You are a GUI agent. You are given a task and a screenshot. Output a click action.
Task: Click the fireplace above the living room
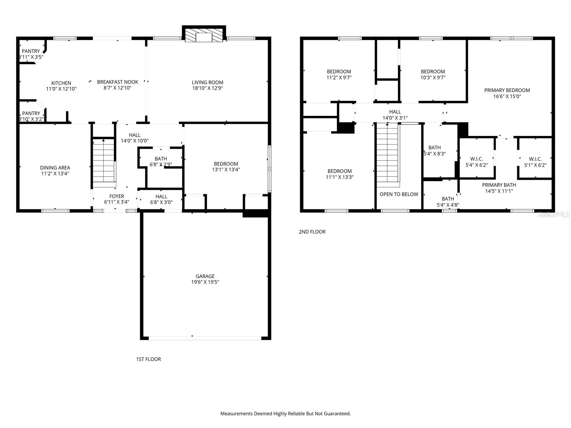click(x=204, y=35)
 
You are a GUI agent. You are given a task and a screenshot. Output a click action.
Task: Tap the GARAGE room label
click(x=205, y=276)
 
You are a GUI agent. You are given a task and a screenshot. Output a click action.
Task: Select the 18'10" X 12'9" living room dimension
click(x=207, y=88)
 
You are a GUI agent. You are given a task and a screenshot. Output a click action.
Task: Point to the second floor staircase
click(x=388, y=155)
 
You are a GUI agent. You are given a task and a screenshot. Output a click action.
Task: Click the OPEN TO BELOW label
click(x=399, y=194)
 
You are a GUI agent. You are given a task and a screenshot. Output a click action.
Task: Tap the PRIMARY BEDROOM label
click(x=507, y=90)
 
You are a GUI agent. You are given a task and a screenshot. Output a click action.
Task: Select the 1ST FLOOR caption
click(x=148, y=359)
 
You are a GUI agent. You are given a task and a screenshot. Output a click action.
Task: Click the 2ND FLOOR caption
click(x=312, y=232)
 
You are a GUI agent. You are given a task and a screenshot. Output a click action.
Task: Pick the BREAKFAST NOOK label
click(x=117, y=82)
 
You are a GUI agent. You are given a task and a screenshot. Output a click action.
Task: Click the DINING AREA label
click(x=55, y=168)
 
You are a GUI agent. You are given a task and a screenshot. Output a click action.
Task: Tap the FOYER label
click(x=116, y=196)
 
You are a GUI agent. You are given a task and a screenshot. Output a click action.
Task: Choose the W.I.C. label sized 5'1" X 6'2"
click(x=535, y=159)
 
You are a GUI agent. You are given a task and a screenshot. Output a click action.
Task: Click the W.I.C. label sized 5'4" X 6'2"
click(x=476, y=159)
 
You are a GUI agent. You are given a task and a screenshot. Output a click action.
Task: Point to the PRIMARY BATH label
click(x=499, y=185)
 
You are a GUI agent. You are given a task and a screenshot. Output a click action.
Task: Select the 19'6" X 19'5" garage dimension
click(x=205, y=282)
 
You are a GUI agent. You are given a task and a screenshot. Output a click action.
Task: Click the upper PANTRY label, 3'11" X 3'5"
click(x=31, y=51)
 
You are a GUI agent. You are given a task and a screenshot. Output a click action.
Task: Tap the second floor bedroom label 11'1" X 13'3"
click(x=339, y=171)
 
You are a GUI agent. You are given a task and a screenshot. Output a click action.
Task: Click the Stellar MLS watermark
click(x=553, y=214)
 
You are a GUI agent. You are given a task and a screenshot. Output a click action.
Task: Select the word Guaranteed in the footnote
click(x=336, y=414)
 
